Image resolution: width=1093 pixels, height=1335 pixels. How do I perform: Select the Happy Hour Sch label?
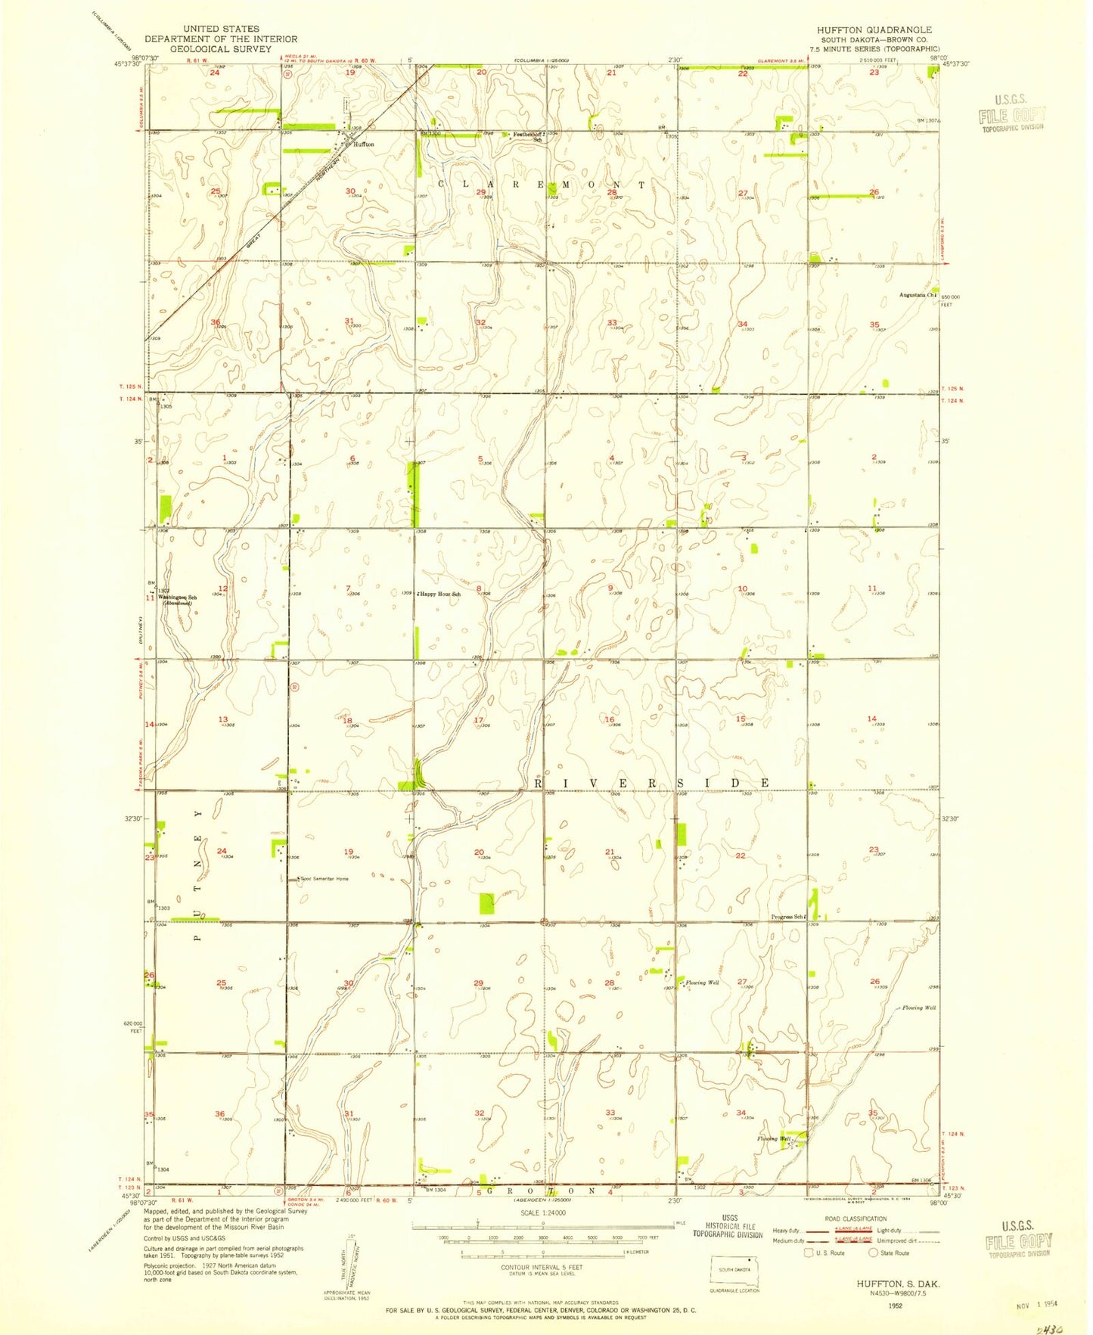440,594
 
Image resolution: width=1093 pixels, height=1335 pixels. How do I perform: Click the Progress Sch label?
787,917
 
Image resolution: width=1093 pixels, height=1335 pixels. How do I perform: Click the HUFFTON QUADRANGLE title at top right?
874,29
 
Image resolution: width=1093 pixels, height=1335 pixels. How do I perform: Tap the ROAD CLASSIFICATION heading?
855,1219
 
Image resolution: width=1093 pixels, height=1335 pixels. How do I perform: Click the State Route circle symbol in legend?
873,1253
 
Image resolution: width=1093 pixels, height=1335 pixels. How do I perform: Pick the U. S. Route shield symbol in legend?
809,1253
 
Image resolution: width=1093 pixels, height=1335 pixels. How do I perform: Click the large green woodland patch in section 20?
487,902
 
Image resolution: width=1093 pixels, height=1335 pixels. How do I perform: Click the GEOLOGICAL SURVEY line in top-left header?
221,48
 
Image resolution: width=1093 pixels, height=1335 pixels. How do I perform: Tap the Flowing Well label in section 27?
703,983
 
